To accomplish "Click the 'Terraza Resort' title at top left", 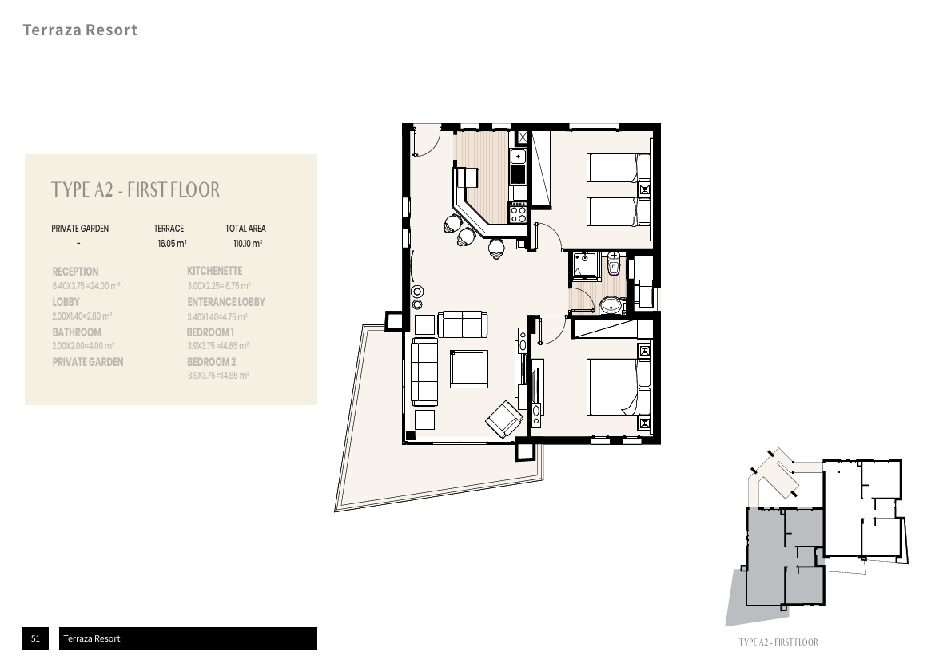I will [x=80, y=30].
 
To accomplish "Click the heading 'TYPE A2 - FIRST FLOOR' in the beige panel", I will [x=135, y=190].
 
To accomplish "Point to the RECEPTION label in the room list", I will [x=75, y=272].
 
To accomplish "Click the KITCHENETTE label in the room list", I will [x=214, y=272].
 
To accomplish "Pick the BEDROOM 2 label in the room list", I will [x=211, y=362].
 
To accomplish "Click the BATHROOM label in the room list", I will [x=77, y=332].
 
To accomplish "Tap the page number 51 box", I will [x=35, y=638].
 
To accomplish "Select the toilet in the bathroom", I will [x=614, y=264].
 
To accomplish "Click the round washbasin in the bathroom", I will [x=611, y=305].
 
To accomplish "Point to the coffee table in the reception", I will [x=468, y=369].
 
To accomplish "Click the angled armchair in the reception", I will [x=504, y=418].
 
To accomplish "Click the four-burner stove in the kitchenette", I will [x=518, y=213].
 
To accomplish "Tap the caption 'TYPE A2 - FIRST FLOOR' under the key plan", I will [x=778, y=642].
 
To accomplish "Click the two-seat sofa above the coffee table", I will [x=463, y=324].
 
